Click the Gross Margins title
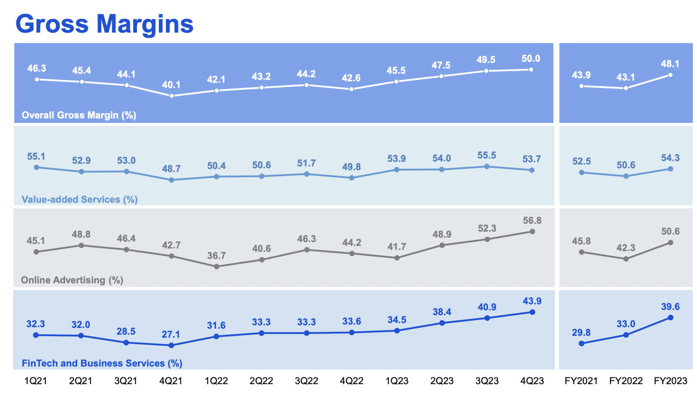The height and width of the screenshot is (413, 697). [104, 24]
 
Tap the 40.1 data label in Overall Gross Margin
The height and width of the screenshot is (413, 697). [171, 85]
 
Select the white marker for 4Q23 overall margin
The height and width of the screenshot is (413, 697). [531, 70]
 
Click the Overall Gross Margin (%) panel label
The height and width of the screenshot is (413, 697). [79, 115]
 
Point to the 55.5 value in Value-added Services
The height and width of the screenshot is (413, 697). [486, 155]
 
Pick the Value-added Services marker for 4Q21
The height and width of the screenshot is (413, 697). [171, 180]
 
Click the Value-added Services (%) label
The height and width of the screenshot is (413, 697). [79, 199]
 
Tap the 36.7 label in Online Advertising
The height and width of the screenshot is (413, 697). [216, 256]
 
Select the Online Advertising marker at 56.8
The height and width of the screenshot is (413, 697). [532, 232]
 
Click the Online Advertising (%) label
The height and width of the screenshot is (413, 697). [72, 280]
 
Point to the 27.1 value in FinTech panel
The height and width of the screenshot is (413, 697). [171, 334]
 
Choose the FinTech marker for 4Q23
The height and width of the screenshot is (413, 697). [532, 312]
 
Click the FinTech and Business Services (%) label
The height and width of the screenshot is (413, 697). [102, 363]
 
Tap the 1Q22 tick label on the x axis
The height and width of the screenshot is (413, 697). [216, 381]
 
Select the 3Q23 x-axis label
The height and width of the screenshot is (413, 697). [487, 381]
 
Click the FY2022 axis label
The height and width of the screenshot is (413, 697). [625, 381]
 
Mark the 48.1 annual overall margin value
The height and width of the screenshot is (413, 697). [670, 64]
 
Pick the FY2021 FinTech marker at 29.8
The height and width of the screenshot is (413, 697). [582, 343]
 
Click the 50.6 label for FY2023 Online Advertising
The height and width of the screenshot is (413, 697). [670, 231]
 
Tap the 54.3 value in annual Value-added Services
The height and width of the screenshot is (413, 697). [670, 158]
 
